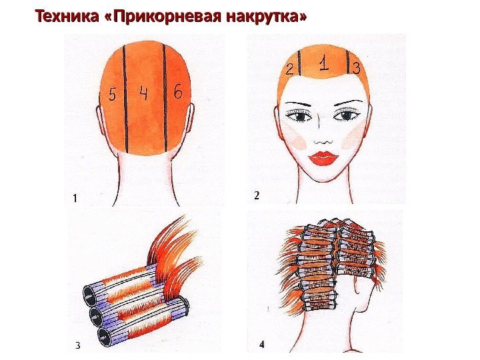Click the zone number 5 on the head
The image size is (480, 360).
(113, 94)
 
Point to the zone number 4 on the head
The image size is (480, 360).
(143, 93)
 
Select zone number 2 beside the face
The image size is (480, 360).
(289, 69)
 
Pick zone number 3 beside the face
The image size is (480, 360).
(356, 68)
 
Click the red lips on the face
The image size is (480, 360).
(325, 158)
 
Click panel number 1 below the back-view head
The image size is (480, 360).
(75, 199)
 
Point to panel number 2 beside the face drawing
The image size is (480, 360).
(257, 195)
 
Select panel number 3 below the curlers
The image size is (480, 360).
(78, 345)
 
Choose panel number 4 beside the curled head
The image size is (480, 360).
(262, 345)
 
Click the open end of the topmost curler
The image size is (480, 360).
(89, 296)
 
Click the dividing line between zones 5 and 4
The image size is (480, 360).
(125, 99)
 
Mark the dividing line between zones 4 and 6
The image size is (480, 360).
(165, 98)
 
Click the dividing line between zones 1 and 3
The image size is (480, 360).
(348, 62)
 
